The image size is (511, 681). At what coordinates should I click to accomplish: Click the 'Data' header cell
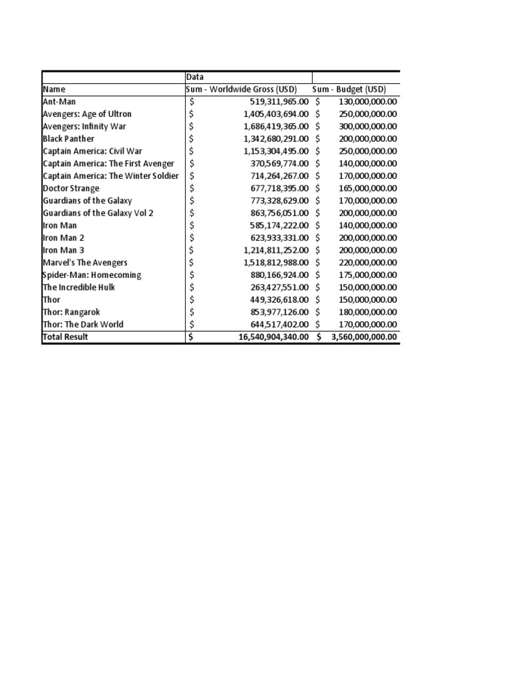195,77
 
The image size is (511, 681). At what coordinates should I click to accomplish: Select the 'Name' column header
55,89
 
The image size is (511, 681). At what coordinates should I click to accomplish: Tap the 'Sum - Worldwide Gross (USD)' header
247,89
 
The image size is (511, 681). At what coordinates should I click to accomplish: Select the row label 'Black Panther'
69,139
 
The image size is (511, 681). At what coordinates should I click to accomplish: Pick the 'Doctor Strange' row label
71,188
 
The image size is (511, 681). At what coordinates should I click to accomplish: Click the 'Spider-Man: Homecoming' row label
92,275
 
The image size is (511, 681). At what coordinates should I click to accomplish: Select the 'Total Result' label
65,337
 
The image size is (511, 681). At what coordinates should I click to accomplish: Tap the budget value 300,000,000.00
363,126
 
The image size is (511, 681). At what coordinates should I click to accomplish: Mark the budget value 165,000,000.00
363,188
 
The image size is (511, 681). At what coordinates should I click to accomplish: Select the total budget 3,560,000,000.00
360,337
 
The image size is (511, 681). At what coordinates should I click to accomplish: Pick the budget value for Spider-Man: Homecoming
363,275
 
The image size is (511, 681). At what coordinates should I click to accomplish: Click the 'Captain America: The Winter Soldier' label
110,176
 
